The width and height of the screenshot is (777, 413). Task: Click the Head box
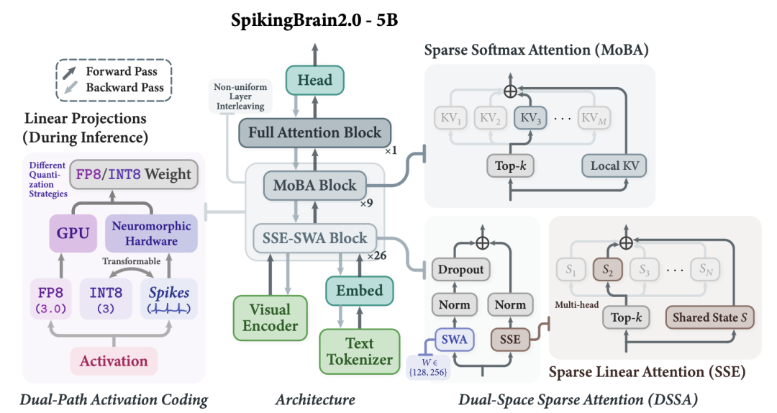click(x=314, y=81)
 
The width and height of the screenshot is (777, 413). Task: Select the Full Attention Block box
click(x=314, y=132)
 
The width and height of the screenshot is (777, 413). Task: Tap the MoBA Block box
click(x=314, y=186)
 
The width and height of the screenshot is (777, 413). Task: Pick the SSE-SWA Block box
click(x=314, y=238)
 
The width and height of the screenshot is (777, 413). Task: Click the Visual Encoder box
click(x=270, y=318)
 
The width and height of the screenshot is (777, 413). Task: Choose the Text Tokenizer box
click(x=360, y=352)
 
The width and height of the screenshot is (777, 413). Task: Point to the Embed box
click(x=360, y=291)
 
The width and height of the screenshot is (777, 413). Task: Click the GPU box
click(x=73, y=233)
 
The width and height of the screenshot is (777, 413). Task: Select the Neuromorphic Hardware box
click(x=151, y=233)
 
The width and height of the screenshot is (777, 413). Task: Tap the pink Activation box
click(x=114, y=361)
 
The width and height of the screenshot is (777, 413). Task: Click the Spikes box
click(x=169, y=299)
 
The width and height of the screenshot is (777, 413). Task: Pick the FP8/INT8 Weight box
click(x=134, y=175)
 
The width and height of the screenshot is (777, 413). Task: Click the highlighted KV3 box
click(x=530, y=118)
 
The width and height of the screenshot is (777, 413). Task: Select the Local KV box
click(x=614, y=166)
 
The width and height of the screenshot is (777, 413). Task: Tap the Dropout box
click(x=461, y=270)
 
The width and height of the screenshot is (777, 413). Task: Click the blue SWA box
click(x=455, y=340)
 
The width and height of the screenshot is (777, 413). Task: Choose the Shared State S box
click(x=710, y=317)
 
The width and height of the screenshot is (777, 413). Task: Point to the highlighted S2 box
click(x=607, y=270)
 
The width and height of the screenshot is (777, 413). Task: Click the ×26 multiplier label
click(x=376, y=256)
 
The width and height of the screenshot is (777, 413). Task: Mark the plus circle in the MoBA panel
click(x=510, y=91)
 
